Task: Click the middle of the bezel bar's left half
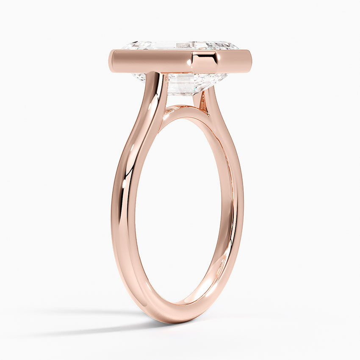(148, 61)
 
